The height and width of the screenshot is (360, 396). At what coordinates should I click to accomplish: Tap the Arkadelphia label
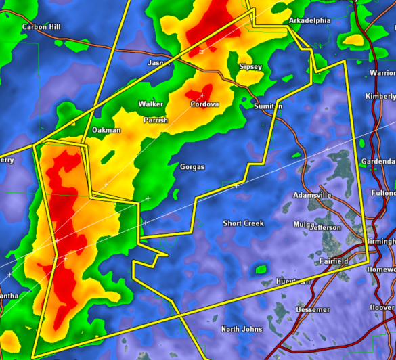tap(309, 21)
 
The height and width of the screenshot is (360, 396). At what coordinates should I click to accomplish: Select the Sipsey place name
tap(250, 67)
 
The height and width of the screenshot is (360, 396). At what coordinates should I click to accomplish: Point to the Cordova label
tap(204, 104)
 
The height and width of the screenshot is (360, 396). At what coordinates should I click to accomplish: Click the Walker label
tap(150, 104)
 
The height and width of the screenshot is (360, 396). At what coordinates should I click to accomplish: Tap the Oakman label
tap(106, 130)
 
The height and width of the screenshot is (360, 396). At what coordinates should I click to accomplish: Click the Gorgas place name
tap(192, 167)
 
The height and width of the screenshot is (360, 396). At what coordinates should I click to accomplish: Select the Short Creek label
tap(243, 223)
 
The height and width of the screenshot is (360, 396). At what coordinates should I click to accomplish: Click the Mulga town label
tap(305, 224)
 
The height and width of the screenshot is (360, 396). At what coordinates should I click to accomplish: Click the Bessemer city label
tap(313, 310)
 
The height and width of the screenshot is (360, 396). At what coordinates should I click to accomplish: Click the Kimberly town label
tap(380, 97)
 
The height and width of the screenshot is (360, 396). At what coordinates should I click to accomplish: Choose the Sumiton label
tap(268, 107)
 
